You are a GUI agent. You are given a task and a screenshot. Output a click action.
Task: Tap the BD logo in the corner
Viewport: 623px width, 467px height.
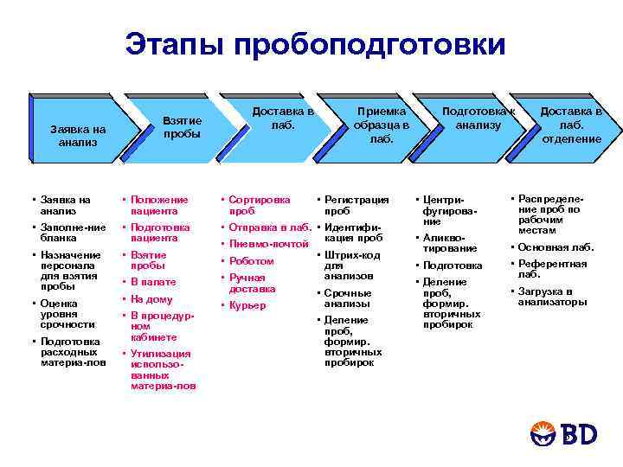click(567, 433)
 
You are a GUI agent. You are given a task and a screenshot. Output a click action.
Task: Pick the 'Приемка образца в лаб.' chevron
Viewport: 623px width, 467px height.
click(381, 125)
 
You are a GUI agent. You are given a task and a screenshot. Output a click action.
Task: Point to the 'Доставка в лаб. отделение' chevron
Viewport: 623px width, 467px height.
click(571, 125)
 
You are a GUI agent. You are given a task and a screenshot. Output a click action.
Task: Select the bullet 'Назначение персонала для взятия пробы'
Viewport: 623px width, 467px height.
click(66, 271)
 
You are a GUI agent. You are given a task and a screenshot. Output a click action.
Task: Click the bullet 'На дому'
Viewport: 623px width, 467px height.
click(151, 299)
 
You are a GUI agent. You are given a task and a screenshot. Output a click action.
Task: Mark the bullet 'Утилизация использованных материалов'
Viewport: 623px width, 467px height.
click(162, 369)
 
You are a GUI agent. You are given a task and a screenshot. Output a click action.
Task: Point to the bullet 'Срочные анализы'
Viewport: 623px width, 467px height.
click(347, 298)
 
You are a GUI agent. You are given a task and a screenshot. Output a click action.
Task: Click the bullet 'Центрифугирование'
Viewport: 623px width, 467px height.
click(449, 210)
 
